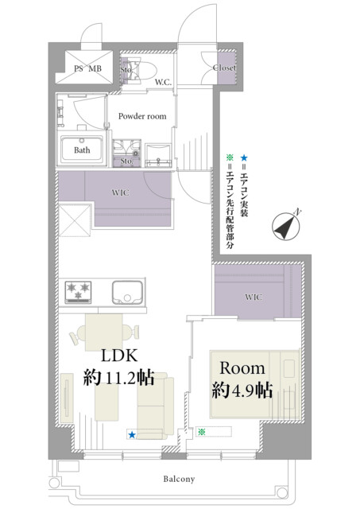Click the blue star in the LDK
coord(132,435)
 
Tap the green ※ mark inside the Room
coord(202,432)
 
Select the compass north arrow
coord(286,226)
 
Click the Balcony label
coord(179,479)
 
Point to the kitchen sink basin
coord(127,292)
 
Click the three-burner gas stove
coord(78,292)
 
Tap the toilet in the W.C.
coord(143,71)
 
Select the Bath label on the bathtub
coord(82,150)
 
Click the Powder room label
coord(142,116)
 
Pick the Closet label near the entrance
coord(224,68)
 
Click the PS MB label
coord(87,68)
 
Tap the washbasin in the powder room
coord(158,156)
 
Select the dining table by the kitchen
coord(104,332)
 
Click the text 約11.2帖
coord(118,378)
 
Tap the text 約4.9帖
coord(242,390)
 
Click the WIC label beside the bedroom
coord(254,297)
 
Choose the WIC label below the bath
coord(120,192)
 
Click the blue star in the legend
coord(244,158)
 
